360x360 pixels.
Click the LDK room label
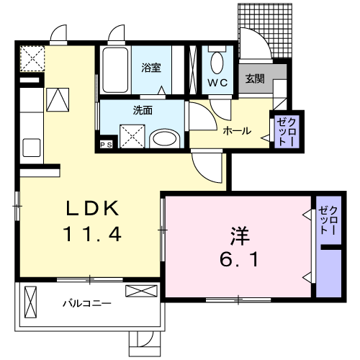(x=92, y=210)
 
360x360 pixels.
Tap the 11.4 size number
(x=92, y=234)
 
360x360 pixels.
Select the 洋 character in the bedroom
(x=239, y=235)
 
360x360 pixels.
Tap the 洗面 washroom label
(x=142, y=111)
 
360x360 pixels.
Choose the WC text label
(x=217, y=83)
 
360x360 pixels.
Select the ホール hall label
(x=237, y=131)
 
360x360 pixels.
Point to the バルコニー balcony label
(x=86, y=303)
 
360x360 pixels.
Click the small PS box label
(x=106, y=144)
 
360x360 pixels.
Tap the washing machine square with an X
(x=132, y=135)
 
